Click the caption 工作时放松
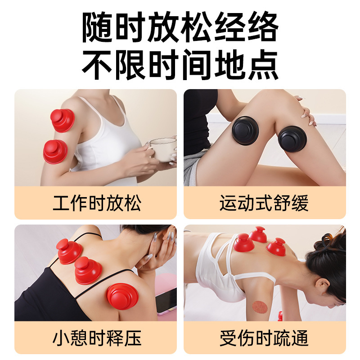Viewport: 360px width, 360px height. pyautogui.click(x=97, y=203)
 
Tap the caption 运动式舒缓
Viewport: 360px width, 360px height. pyautogui.click(x=264, y=203)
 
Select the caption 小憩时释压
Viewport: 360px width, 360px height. pyautogui.click(x=97, y=338)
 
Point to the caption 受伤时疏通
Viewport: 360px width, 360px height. pyautogui.click(x=264, y=338)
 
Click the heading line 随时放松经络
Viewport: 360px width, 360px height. pyautogui.click(x=180, y=27)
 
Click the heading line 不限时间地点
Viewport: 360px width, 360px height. pyautogui.click(x=180, y=64)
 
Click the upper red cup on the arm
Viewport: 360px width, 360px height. pyautogui.click(x=63, y=120)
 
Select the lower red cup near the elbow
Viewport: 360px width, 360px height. pyautogui.click(x=55, y=152)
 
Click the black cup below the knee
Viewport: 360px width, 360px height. pyautogui.click(x=292, y=139)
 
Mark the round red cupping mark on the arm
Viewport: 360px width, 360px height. pyautogui.click(x=260, y=307)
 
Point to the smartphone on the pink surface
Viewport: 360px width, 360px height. pyautogui.click(x=166, y=300)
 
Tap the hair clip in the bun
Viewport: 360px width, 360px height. pyautogui.click(x=332, y=241)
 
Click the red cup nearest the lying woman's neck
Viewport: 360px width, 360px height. pyautogui.click(x=276, y=247)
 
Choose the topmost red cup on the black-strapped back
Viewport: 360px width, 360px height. pyautogui.click(x=69, y=251)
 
